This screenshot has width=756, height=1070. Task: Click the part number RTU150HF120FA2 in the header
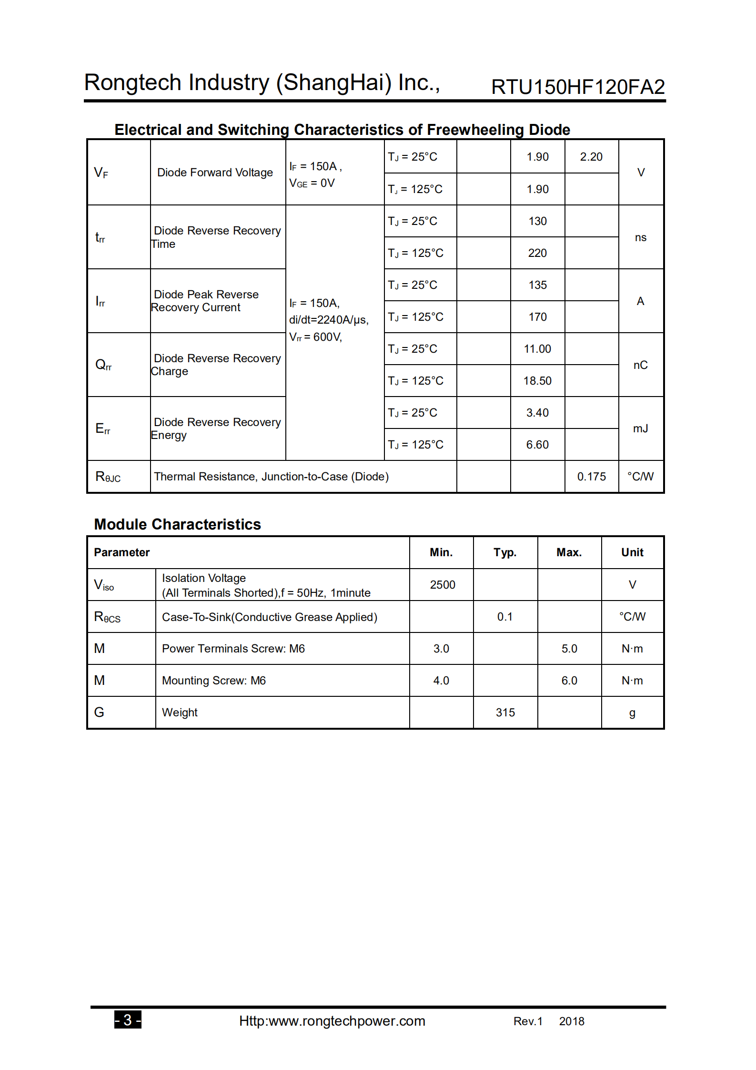click(577, 87)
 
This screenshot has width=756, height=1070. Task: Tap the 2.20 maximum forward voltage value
click(591, 157)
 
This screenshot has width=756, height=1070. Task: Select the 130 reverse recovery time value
click(537, 221)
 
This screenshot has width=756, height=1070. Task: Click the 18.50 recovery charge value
click(537, 381)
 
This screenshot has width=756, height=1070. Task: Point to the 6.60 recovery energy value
click(537, 445)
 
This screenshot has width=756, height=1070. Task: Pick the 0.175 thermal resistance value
click(591, 477)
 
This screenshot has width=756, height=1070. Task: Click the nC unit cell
click(640, 365)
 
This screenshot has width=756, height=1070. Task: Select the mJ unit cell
click(640, 428)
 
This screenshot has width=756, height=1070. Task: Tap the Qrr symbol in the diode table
click(103, 365)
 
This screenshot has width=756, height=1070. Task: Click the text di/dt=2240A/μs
click(329, 320)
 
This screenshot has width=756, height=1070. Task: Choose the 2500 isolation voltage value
click(443, 585)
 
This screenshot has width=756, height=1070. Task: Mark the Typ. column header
click(505, 552)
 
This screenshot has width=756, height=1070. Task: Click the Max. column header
click(569, 552)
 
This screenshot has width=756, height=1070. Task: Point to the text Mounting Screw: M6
click(214, 681)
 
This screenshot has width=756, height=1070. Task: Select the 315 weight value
click(505, 713)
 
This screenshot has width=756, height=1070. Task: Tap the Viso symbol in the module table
click(104, 585)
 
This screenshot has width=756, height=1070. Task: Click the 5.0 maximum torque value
click(569, 649)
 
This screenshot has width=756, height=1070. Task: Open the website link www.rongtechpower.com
click(332, 1021)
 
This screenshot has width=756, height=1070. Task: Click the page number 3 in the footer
click(128, 1020)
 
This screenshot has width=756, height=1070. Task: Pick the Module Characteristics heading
click(177, 524)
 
